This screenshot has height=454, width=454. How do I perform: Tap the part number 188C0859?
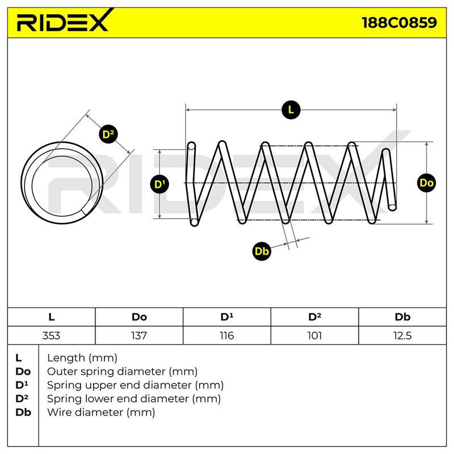click(x=400, y=23)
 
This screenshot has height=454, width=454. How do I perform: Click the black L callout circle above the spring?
click(x=291, y=110)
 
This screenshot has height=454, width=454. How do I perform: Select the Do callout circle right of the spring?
click(x=427, y=183)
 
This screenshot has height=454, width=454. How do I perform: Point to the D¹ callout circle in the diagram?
click(x=159, y=184)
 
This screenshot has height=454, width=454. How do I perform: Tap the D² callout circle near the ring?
click(x=108, y=134)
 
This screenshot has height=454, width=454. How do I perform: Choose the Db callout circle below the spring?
click(x=262, y=251)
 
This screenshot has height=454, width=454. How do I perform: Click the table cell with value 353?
click(x=51, y=335)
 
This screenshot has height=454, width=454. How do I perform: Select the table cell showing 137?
click(x=139, y=335)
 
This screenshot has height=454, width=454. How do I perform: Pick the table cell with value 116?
click(x=226, y=335)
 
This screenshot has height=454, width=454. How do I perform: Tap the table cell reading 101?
click(x=314, y=335)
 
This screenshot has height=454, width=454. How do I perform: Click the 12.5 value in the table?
click(x=402, y=335)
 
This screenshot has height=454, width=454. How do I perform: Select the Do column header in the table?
click(x=139, y=317)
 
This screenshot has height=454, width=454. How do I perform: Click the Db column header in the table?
click(x=402, y=317)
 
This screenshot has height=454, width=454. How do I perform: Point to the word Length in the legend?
click(x=66, y=359)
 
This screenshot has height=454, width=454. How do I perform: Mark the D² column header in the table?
click(x=314, y=317)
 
